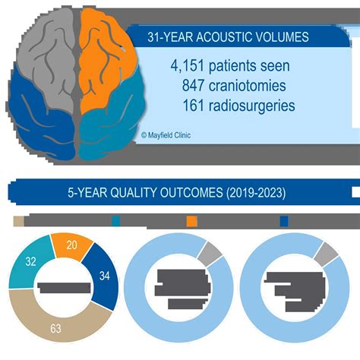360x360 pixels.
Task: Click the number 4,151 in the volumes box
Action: (191, 66)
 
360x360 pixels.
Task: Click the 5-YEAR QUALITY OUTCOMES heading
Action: (176, 193)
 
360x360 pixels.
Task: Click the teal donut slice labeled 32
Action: (29, 266)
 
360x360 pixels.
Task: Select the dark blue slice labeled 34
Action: (104, 276)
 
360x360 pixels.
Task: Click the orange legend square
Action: (192, 221)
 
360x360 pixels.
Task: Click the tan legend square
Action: (20, 221)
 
